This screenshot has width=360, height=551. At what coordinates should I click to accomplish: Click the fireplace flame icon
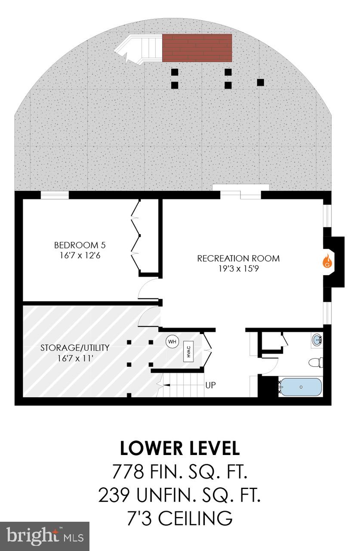click(327, 261)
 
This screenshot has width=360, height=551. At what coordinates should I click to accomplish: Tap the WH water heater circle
click(172, 342)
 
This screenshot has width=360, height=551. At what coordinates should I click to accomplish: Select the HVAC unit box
click(188, 350)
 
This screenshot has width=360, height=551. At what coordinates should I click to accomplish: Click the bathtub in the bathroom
click(300, 387)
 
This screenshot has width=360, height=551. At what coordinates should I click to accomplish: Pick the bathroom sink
click(317, 340)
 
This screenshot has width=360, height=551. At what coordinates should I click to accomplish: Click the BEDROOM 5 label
click(80, 245)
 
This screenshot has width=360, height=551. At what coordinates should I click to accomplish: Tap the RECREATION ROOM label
click(238, 258)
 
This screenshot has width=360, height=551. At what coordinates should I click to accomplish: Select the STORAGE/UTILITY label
click(75, 347)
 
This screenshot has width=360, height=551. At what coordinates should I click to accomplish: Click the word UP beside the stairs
click(210, 385)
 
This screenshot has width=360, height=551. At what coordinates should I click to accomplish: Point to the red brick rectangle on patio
click(197, 47)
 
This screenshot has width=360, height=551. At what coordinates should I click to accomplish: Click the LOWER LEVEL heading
click(180, 448)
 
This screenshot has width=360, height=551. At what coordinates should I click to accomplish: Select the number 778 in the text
click(128, 472)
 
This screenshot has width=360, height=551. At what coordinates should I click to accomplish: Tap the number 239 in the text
click(114, 495)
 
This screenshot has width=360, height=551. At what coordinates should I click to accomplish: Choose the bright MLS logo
click(44, 536)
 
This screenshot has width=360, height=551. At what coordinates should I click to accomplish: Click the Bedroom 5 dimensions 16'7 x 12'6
click(80, 255)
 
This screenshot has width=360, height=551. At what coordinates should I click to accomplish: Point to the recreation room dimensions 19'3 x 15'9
click(238, 268)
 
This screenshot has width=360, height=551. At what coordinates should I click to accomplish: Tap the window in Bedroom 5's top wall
click(55, 195)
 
